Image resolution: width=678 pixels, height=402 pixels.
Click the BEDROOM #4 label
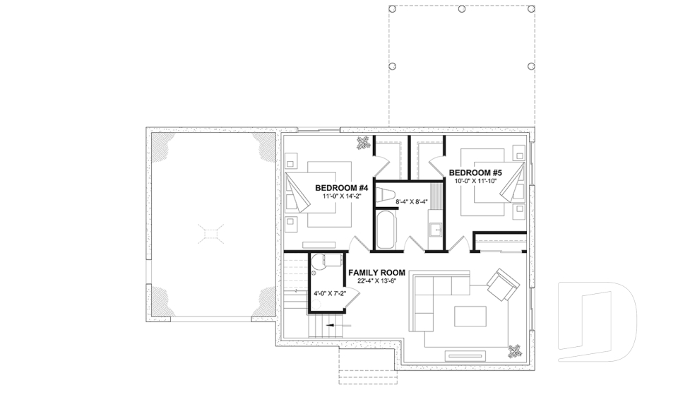click(x=343, y=187)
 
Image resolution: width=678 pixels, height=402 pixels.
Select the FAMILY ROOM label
click(x=376, y=272)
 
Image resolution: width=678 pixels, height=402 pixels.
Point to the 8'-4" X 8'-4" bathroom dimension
click(x=412, y=201)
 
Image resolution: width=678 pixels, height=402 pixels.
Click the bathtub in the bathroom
click(x=385, y=229)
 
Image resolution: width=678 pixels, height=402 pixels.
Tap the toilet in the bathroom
click(x=388, y=192)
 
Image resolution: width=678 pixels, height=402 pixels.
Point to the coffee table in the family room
click(x=470, y=315)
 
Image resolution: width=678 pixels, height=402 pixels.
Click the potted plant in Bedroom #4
click(x=363, y=143)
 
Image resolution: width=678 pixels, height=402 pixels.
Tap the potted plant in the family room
click(x=516, y=350)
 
